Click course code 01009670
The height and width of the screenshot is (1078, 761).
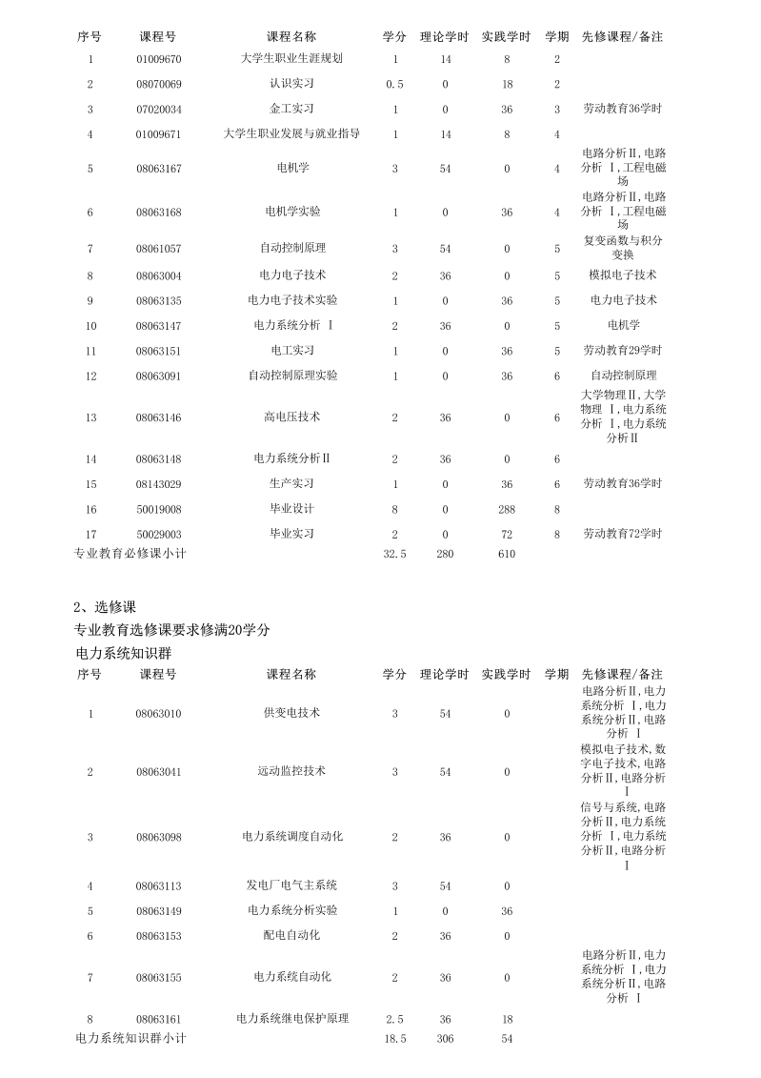pos(158,59)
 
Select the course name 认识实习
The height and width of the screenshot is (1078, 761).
pos(291,84)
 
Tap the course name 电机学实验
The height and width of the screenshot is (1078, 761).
pos(291,212)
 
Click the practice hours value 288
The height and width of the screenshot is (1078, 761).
pos(507,509)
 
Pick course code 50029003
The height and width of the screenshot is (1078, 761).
pos(158,534)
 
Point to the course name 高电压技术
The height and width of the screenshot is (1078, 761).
pos(291,417)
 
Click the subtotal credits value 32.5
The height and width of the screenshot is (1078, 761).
pos(395,554)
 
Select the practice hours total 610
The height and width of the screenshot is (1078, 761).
pos(507,554)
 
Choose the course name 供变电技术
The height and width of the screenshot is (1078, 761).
pos(291,713)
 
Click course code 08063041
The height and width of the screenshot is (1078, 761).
pos(158,771)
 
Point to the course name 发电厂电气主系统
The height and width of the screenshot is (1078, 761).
pos(291,886)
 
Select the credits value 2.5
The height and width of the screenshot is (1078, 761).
pos(395,1019)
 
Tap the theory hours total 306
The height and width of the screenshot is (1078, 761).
pos(445,1038)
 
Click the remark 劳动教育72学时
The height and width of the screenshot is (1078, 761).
pos(623,534)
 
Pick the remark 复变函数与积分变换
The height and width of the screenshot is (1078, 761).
pos(623,248)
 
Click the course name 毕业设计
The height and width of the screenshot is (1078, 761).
pos(291,509)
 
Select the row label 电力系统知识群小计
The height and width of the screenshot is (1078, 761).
pos(130,1038)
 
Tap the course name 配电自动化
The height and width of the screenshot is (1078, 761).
pos(291,936)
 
